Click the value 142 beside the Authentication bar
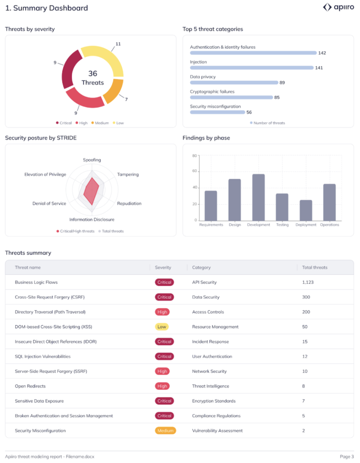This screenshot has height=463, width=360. [322, 53]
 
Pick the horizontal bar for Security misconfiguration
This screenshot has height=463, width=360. [218, 112]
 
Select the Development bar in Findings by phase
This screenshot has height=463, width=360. [258, 197]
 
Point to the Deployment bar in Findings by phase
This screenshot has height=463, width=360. [306, 210]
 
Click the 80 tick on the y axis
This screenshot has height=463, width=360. [194, 156]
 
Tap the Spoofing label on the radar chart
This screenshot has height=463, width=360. [92, 160]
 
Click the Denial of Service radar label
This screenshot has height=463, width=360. [49, 203]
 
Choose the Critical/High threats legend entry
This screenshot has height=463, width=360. [76, 231]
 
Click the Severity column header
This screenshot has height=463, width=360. [163, 267]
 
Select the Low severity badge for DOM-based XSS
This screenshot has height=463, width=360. [162, 326]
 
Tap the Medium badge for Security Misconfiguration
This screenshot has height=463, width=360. [165, 430]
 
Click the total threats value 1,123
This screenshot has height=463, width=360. [308, 282]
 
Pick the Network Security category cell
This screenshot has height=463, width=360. [209, 371]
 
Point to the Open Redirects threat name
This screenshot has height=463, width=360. [30, 386]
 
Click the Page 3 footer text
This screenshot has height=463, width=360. [347, 456]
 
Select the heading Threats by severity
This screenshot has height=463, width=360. [30, 29]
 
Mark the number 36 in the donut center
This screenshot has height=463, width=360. [92, 73]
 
